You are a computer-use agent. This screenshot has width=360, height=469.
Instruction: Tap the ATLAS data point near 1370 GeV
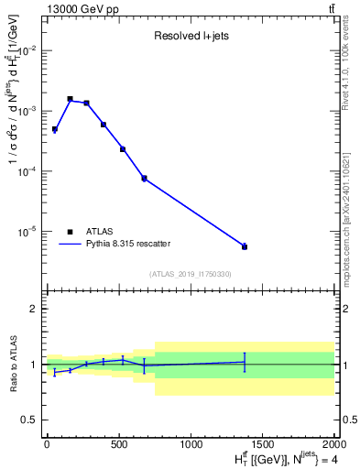(245, 246)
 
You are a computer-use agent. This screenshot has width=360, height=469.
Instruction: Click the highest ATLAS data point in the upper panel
(70, 99)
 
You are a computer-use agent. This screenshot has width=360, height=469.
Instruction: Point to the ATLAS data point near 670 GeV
(144, 178)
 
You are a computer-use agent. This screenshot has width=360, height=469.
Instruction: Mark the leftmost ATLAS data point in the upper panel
(55, 129)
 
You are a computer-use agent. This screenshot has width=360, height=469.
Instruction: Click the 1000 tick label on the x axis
(192, 445)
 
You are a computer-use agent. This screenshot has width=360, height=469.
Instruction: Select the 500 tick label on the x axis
(119, 445)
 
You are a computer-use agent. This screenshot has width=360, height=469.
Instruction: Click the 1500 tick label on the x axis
(264, 445)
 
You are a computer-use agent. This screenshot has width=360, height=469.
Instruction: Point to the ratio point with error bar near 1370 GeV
(245, 362)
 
